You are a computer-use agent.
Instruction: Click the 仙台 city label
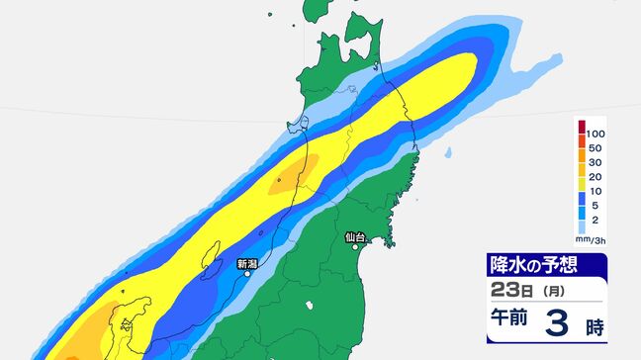point(356,237)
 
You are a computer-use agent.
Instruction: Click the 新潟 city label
point(247,264)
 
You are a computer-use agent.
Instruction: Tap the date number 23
point(503,290)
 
